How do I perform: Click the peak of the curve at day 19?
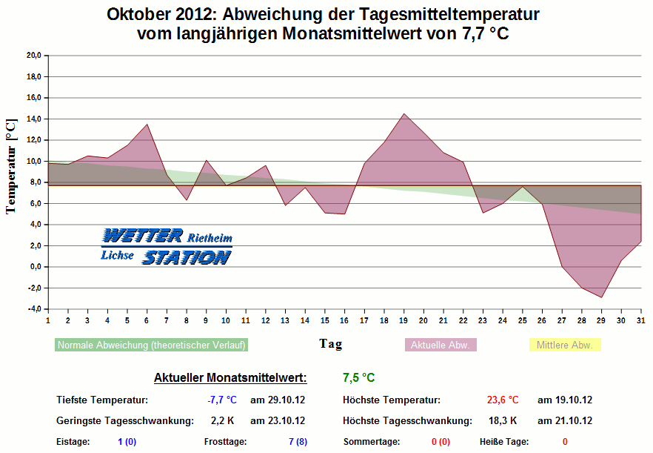(403, 113)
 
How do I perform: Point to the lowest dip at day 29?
(602, 297)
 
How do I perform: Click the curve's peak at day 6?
(147, 124)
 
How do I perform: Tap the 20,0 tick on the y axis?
(33, 55)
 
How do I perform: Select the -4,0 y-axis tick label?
(33, 309)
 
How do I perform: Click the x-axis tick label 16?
(344, 320)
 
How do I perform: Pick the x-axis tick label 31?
(640, 320)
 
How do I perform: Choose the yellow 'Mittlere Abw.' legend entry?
(564, 345)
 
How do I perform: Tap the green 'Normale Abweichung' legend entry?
(151, 345)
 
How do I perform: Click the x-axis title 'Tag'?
(330, 343)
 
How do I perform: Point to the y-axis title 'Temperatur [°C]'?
(10, 167)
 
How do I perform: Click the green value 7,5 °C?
(359, 377)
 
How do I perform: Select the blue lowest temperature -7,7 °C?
(222, 400)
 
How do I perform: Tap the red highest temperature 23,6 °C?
(503, 400)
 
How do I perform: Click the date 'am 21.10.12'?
(565, 421)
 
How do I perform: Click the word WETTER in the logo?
(142, 237)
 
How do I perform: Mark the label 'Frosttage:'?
(225, 442)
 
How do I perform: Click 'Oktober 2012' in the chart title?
(159, 15)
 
